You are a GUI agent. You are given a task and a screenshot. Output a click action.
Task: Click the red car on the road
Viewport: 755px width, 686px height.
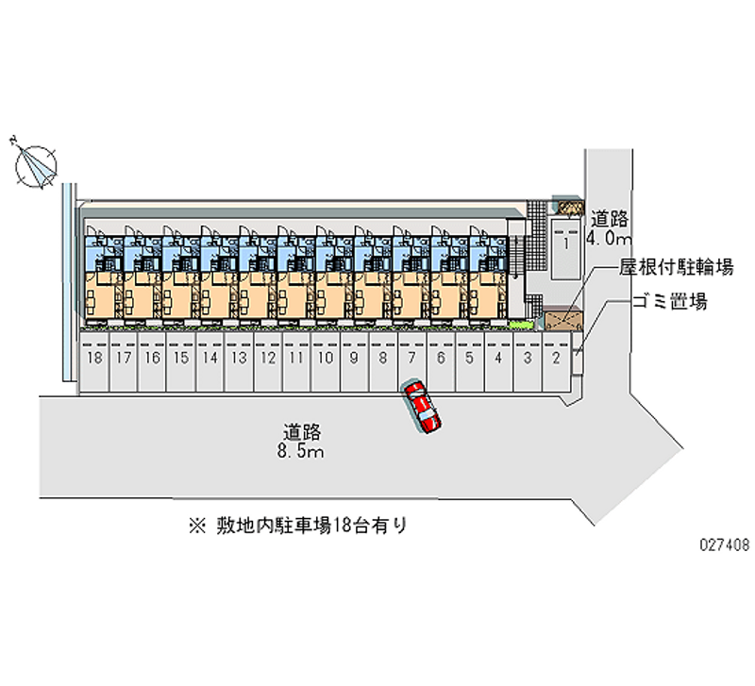pos(422,407)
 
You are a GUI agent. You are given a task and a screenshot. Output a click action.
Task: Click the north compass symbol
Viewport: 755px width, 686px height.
pos(35,165)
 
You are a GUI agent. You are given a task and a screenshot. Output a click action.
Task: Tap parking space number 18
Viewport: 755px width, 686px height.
pos(93,360)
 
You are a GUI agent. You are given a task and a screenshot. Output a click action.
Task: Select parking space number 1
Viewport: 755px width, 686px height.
pos(565,249)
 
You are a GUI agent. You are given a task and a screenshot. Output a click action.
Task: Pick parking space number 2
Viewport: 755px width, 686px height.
pos(557,360)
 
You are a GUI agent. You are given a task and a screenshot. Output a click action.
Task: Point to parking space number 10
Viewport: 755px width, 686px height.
pos(326,360)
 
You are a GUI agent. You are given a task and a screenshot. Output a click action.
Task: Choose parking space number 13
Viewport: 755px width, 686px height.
pos(239,360)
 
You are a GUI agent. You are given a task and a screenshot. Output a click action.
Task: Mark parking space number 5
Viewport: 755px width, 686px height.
pos(470,360)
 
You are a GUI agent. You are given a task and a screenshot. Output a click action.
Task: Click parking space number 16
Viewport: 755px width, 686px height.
pos(152,360)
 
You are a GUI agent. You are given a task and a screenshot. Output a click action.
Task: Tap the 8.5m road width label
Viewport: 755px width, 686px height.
pos(300,452)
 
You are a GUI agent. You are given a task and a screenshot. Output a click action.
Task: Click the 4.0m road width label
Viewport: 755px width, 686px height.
pos(609,238)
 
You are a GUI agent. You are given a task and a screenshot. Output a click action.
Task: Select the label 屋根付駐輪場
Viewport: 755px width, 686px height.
pos(676,267)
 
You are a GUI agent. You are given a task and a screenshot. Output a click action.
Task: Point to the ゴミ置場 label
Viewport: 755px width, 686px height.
pos(670,302)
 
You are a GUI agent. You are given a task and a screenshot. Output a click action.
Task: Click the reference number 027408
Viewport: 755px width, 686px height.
pos(725,544)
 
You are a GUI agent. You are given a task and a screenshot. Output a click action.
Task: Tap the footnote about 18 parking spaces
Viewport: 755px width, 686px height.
pos(298,526)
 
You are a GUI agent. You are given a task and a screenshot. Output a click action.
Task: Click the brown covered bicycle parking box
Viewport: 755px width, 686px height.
pos(563,320)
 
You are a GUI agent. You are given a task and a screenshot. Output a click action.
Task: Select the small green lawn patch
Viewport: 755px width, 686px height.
pos(522,325)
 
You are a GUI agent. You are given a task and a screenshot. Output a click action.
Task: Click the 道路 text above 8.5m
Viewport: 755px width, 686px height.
pos(302,432)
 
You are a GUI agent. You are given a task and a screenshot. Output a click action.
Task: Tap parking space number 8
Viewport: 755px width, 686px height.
pos(383,360)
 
